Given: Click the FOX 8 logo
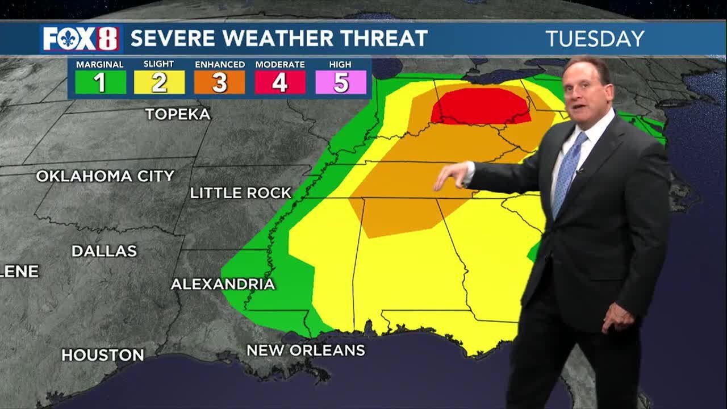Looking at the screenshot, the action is tap(80, 39).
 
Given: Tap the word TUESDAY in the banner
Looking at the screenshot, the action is tap(595, 39).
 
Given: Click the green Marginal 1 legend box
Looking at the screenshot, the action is tap(100, 82).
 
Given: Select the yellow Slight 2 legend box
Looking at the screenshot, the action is tap(160, 82).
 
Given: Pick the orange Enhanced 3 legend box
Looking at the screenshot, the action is tap(220, 82).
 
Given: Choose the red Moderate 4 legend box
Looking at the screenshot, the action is tap(279, 82).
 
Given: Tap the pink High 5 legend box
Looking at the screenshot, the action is tap(341, 82).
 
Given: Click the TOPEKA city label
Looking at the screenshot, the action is tap(178, 114).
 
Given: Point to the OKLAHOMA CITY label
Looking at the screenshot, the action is tap(105, 176).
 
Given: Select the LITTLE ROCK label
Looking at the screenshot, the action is tap(240, 193).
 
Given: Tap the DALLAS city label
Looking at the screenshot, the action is tap(105, 251).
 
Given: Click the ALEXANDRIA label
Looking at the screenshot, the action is tap(223, 284).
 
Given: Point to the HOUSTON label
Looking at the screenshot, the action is tap(103, 356).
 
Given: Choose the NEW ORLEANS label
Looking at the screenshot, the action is tap(306, 350).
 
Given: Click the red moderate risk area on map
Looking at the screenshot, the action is tap(480, 106).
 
